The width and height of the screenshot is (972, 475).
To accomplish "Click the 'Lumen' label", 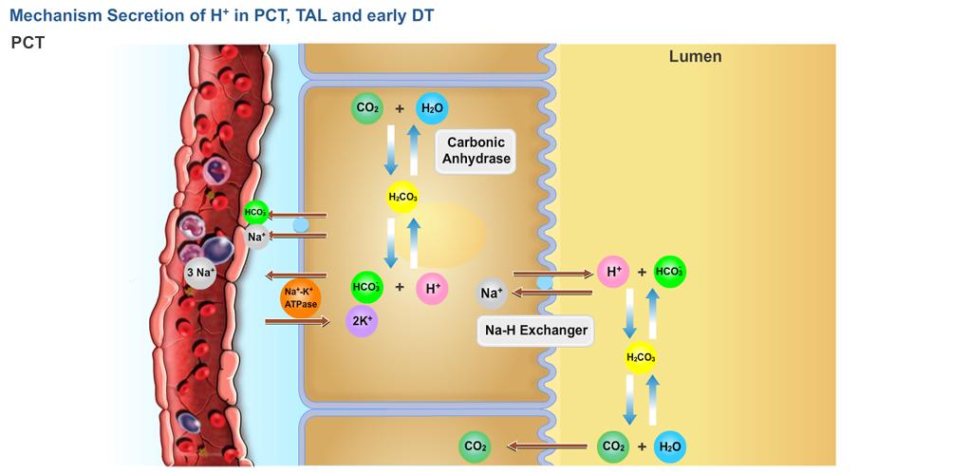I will (695, 57).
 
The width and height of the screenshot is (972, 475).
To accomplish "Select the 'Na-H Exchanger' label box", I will (536, 331).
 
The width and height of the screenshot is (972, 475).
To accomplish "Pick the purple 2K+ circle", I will (362, 321).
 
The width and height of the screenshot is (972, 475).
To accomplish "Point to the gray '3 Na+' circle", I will (200, 273).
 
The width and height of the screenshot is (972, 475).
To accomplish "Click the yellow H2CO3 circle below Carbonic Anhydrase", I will (402, 198).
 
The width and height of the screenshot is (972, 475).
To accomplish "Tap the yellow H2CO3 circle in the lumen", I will (640, 358).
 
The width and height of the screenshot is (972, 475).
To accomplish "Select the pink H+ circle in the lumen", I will (613, 273).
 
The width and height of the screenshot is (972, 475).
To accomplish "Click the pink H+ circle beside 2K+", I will (431, 288).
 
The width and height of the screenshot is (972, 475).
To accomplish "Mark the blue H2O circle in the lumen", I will (670, 446).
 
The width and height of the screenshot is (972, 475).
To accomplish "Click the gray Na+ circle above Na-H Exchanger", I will (492, 294).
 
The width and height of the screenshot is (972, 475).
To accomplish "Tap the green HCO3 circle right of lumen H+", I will (670, 272).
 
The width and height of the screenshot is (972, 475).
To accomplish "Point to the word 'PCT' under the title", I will (28, 44).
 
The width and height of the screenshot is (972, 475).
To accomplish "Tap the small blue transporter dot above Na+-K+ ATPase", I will (300, 225).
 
